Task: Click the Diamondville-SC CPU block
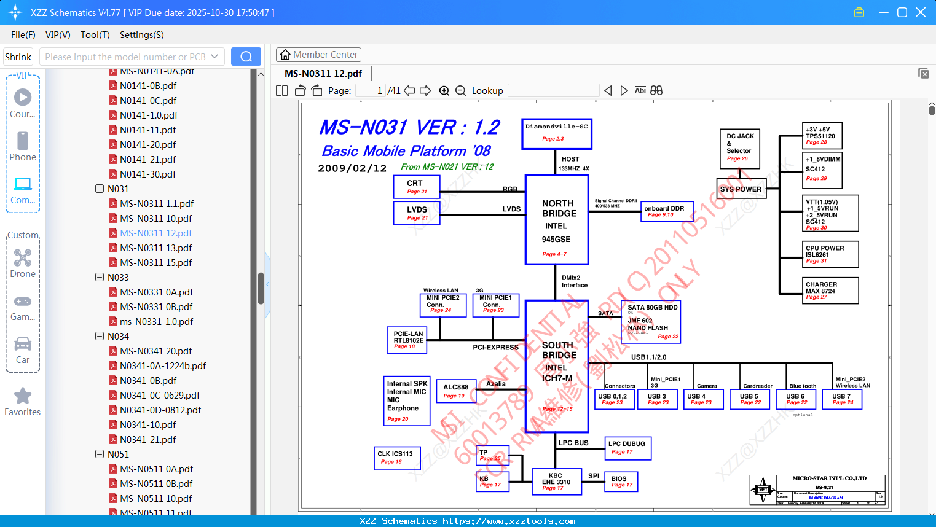coord(557,134)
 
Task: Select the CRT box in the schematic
coord(417,187)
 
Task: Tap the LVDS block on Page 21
coord(417,213)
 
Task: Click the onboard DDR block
coord(667,211)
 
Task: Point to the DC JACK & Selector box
coord(739,149)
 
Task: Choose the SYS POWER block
coord(741,189)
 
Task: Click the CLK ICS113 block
coord(397,458)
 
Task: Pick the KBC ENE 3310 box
coord(556,482)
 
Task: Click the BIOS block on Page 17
coord(621,482)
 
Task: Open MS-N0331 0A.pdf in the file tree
coord(156,292)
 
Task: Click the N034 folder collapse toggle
coord(100,337)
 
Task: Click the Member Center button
coord(318,55)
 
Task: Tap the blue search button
coord(246,57)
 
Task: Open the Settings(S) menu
coord(141,35)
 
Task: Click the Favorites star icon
coord(23,396)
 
